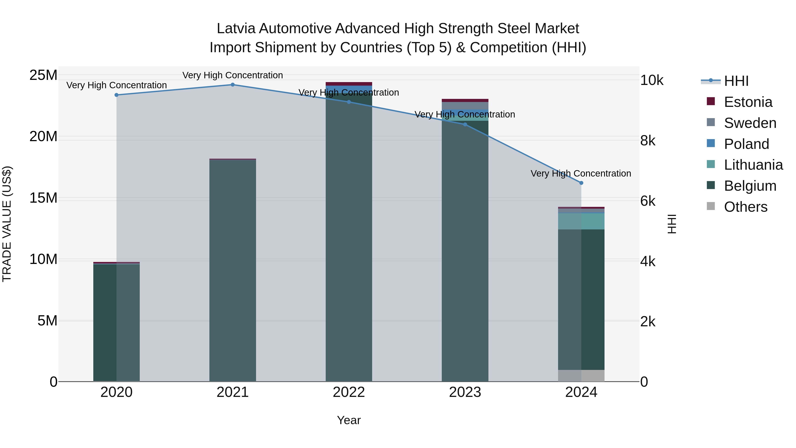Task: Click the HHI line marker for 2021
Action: click(233, 85)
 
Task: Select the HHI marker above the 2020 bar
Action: click(117, 95)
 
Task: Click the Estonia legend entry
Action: click(748, 102)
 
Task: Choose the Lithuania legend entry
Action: click(753, 165)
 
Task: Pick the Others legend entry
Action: click(745, 207)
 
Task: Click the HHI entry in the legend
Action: click(736, 81)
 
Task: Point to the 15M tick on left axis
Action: click(43, 198)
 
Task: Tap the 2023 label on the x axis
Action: click(465, 392)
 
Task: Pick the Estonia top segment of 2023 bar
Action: click(465, 100)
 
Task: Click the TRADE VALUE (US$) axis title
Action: click(7, 224)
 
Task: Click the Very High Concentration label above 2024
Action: click(581, 173)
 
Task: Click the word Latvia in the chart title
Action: click(236, 29)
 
